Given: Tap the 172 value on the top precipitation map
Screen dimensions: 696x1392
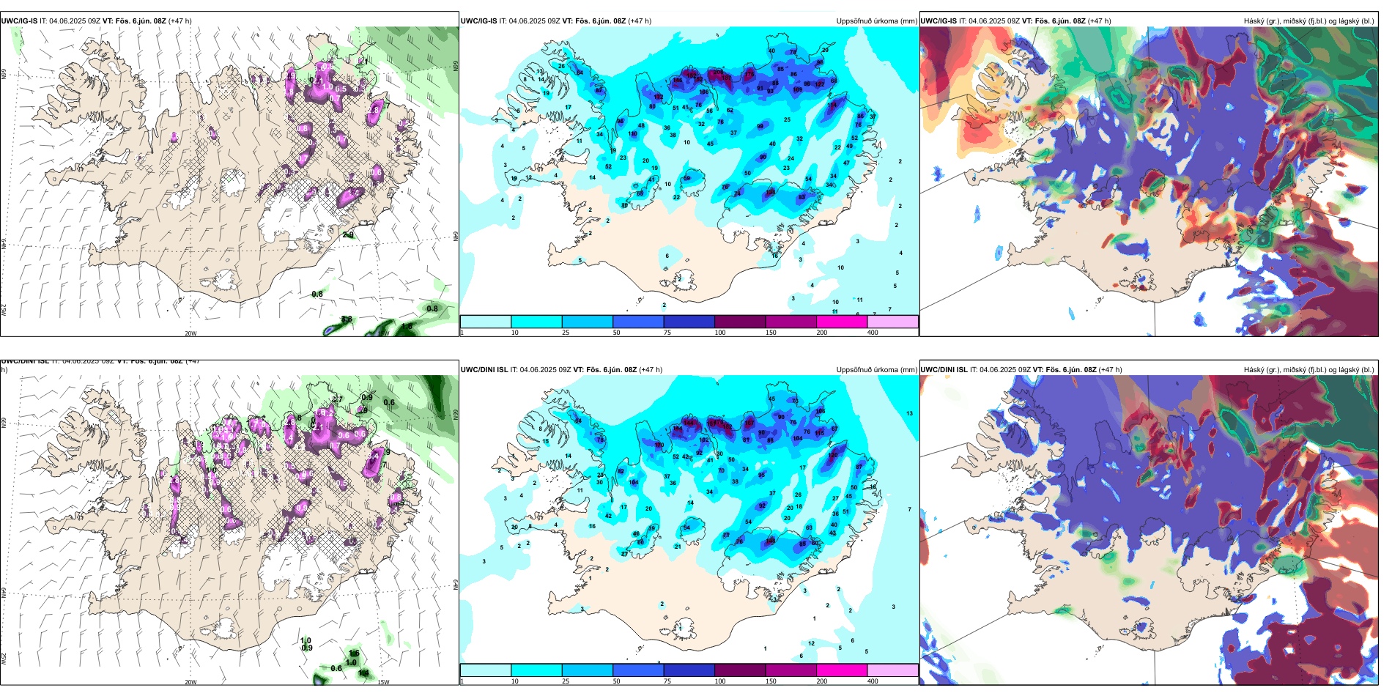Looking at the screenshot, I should coord(659,97).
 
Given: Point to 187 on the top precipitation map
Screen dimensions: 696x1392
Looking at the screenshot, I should coord(727,78).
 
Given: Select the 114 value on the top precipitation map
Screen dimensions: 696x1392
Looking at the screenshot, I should coord(832,105).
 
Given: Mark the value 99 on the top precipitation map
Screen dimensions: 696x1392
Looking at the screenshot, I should coord(760,126).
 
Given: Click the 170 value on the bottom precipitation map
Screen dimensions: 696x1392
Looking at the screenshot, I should coord(659,445).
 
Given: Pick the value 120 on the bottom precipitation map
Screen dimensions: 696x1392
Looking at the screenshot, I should coord(833,455).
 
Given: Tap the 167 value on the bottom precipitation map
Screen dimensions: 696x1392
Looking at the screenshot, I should coord(749,423).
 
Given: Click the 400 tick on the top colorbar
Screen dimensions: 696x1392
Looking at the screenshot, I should coord(873,333).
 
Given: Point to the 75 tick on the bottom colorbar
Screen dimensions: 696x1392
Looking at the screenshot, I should coord(667,681).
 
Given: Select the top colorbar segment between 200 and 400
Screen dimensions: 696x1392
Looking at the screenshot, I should coord(892,322).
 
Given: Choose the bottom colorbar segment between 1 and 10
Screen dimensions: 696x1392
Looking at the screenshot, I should coord(486,670).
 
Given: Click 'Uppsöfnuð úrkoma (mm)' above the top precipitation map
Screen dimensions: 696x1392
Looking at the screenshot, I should coord(876,21).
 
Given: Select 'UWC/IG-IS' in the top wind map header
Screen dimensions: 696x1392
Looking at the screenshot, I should coord(19,21).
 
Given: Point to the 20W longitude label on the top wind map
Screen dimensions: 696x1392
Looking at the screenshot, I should coord(190,333).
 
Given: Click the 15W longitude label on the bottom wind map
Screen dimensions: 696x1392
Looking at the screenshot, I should coord(383,682).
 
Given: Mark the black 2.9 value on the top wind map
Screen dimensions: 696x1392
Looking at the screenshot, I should coord(348,235).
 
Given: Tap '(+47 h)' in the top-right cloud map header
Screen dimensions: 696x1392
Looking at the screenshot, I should coord(1100,21).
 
